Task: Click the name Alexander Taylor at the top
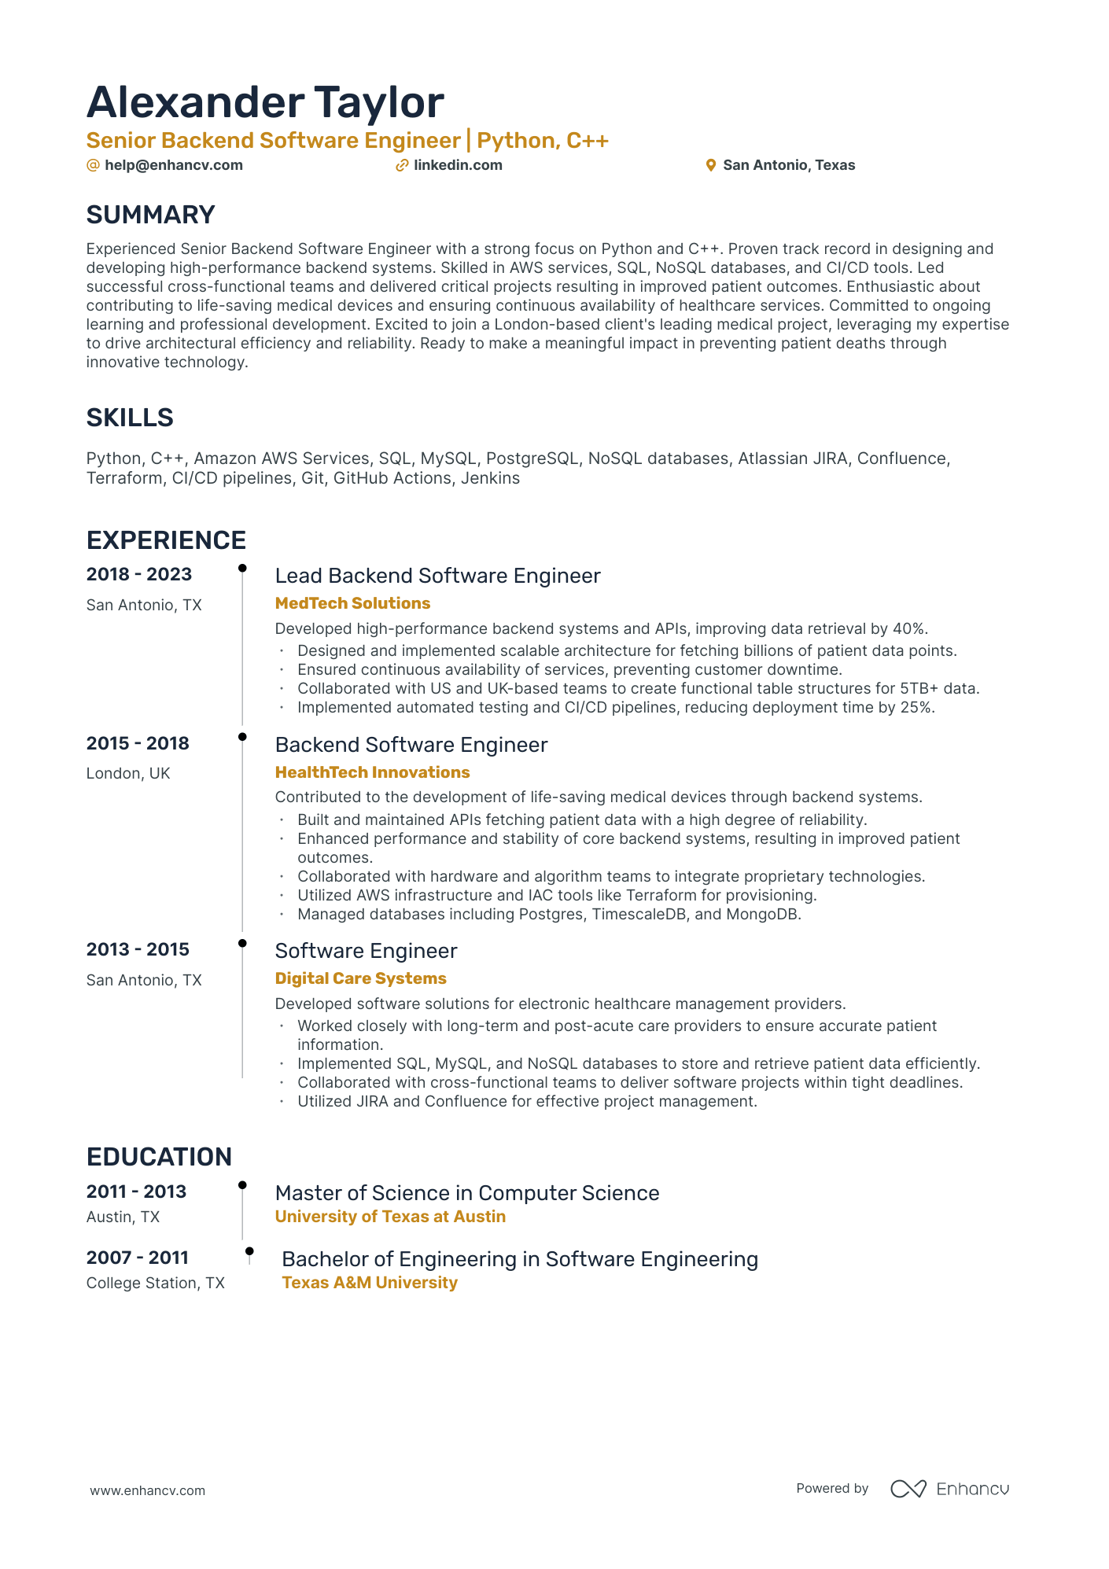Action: coord(265,103)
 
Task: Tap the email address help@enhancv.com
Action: coord(173,165)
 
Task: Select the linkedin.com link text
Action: coord(458,165)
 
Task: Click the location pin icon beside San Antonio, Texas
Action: coord(710,165)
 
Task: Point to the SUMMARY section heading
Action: coord(150,215)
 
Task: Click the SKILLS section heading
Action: coord(130,418)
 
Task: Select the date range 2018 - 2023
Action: coord(139,574)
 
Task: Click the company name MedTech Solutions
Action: coord(352,603)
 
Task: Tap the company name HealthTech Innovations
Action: coord(372,772)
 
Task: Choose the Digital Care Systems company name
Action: coord(360,978)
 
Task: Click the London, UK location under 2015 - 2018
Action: coord(128,773)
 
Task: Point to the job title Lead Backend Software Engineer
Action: coord(437,576)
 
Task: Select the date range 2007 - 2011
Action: coord(138,1258)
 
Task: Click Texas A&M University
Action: coord(370,1283)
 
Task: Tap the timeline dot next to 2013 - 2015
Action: coord(242,943)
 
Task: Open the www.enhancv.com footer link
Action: coord(147,1490)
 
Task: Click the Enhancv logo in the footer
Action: coord(949,1489)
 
